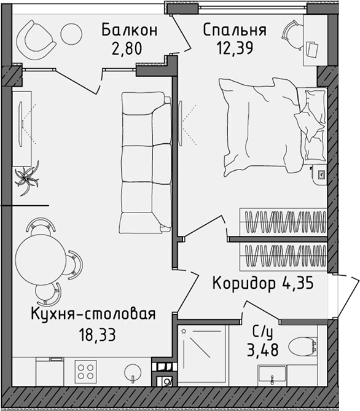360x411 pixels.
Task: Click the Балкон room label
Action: (130, 29)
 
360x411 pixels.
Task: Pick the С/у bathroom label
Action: (262, 332)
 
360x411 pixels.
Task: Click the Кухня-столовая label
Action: (93, 315)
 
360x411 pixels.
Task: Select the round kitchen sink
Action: (131, 372)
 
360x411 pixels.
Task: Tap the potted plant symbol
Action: (27, 178)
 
